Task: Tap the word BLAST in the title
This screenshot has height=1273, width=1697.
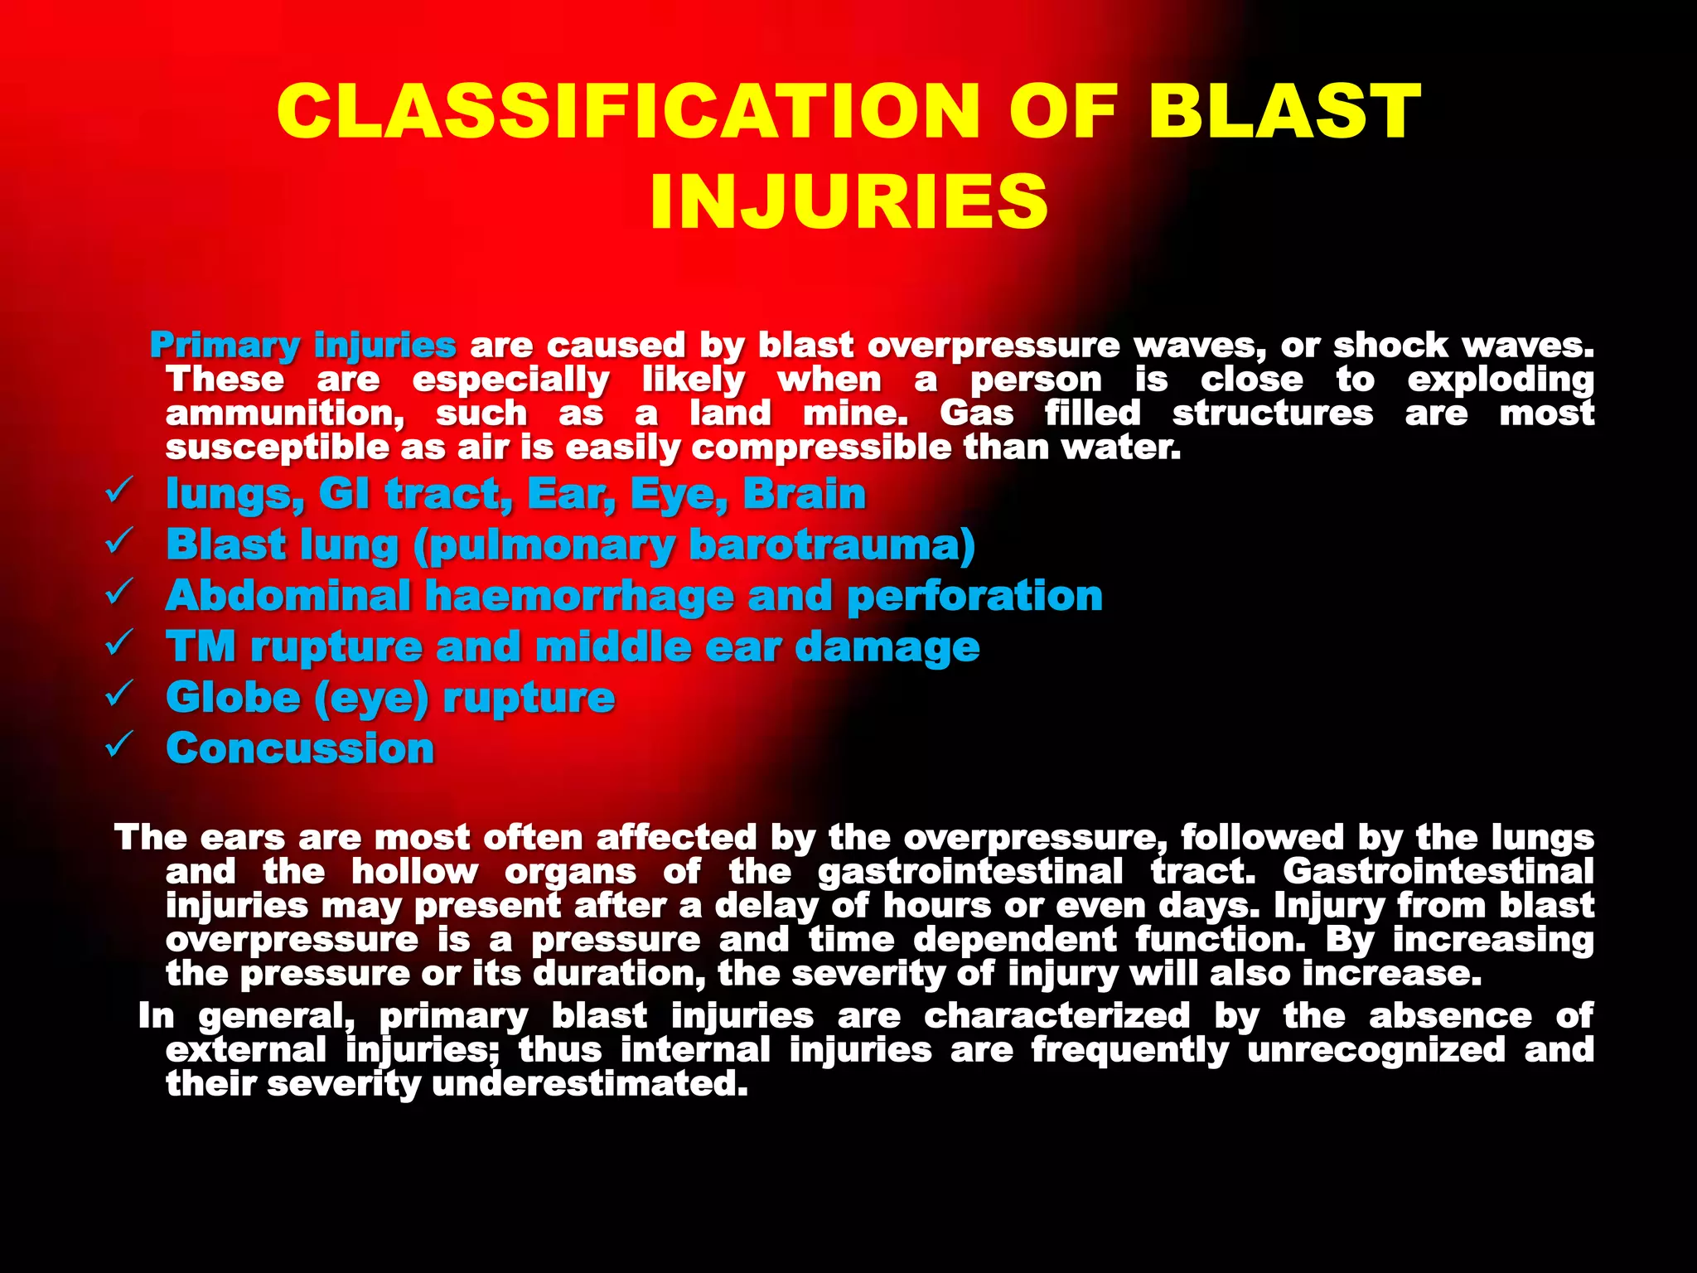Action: point(1284,111)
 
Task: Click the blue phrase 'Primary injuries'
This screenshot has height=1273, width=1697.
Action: point(302,345)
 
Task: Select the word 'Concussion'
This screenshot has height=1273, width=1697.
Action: point(300,748)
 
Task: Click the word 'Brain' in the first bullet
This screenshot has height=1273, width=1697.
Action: point(804,494)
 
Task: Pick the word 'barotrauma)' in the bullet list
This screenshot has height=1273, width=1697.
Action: point(832,545)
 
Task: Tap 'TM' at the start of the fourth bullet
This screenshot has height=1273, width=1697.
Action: point(201,646)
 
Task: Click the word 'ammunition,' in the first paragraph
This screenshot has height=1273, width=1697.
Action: point(285,414)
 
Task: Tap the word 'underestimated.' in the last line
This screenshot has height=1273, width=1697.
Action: point(590,1084)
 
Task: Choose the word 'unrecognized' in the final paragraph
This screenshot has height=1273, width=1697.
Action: point(1375,1050)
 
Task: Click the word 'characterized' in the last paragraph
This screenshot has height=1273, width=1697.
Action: point(1056,1016)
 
